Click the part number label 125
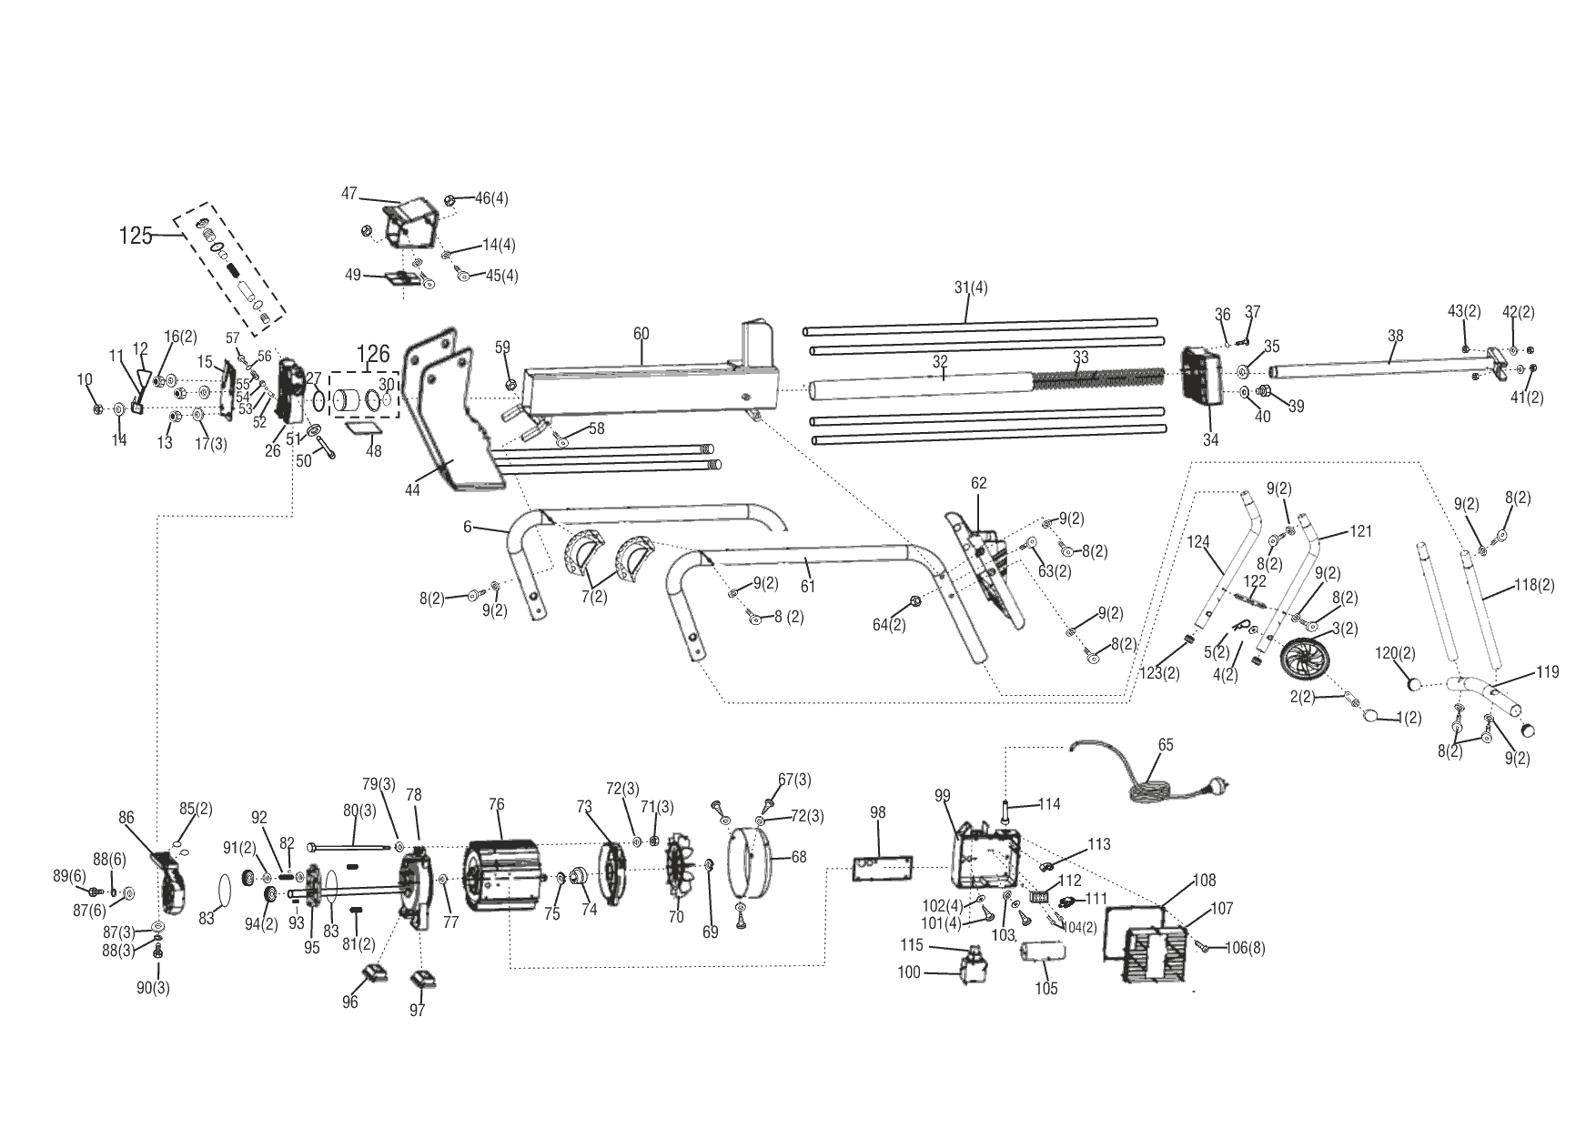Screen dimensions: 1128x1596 135,236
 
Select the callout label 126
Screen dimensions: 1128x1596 372,354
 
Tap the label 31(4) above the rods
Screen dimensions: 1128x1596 970,287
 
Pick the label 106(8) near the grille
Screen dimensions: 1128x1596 1244,949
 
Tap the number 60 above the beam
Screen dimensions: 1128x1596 641,334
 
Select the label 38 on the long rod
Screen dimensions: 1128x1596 1395,336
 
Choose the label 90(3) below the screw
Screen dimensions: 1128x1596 158,988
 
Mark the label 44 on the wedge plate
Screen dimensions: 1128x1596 412,490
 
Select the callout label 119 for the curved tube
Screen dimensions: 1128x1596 1547,672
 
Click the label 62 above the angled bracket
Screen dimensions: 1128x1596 978,483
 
